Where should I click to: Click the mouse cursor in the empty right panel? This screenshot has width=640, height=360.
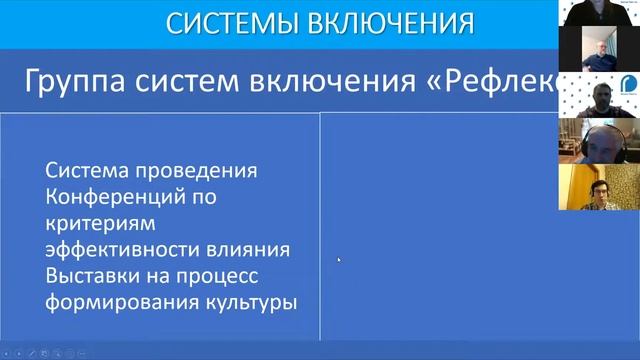click(339, 260)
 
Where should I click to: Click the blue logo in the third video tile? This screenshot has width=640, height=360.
click(629, 84)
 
